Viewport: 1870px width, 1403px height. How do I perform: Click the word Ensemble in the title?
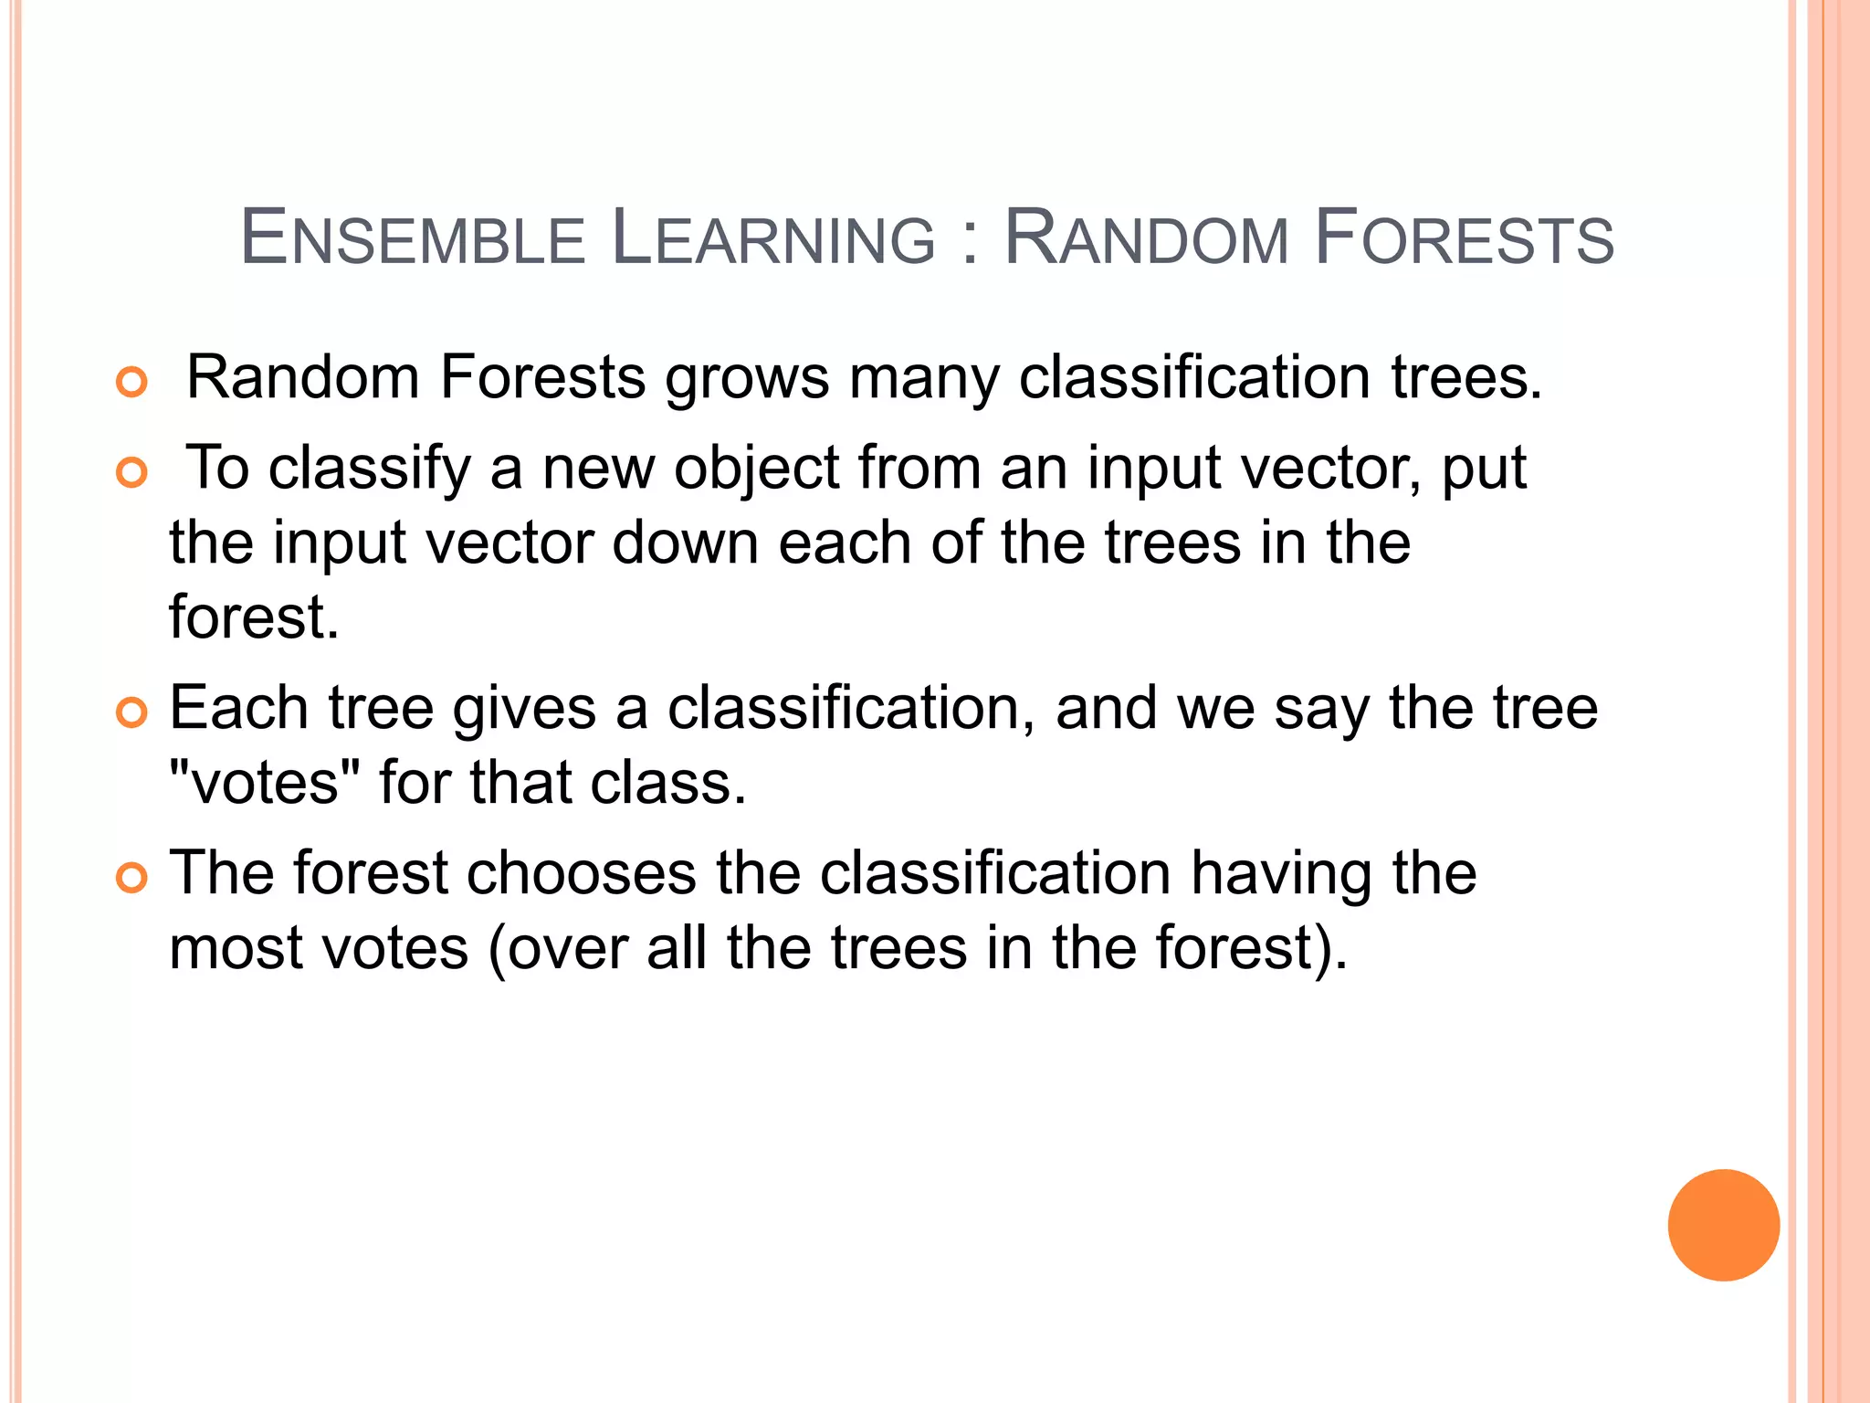[x=412, y=239]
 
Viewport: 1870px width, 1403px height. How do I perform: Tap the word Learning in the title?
[x=773, y=239]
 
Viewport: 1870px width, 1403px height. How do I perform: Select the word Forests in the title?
[x=1464, y=239]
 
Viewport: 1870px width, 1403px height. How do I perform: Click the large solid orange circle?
[x=1723, y=1225]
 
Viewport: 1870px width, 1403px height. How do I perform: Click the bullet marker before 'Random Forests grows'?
[x=132, y=382]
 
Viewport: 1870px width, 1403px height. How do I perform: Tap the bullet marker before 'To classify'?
[x=132, y=472]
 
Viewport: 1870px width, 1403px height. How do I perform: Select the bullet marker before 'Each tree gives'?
[x=132, y=712]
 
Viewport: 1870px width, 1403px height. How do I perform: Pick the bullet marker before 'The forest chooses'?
[x=132, y=878]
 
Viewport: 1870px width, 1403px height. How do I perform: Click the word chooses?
[x=582, y=873]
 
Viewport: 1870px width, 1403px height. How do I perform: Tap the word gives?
[x=523, y=710]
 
